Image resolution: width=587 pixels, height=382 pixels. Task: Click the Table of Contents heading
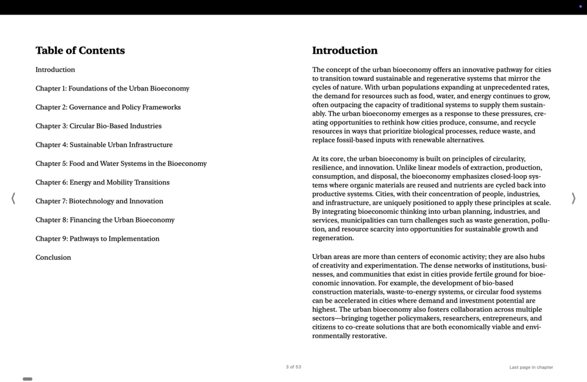coord(80,51)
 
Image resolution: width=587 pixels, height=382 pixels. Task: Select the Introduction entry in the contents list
coord(55,70)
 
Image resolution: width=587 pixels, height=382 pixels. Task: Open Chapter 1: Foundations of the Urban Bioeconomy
coord(112,89)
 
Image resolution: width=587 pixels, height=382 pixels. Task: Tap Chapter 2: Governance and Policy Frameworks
coord(108,107)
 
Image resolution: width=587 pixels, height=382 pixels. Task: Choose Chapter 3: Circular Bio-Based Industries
coord(98,126)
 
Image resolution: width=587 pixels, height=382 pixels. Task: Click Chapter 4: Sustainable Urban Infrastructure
coord(104,145)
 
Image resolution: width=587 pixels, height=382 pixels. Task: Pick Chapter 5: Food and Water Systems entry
coord(121,164)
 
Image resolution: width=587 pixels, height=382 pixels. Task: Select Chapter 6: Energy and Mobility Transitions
coord(102,182)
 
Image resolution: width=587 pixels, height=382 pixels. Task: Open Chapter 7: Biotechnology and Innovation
coord(99,201)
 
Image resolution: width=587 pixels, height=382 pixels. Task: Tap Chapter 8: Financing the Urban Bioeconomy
coord(105,220)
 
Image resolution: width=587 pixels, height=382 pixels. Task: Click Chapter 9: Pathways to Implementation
coord(98,238)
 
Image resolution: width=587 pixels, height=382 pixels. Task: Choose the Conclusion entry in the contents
coord(53,258)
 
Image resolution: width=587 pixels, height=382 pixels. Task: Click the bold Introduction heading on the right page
coord(345,51)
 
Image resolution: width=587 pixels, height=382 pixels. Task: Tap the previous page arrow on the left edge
coord(13,199)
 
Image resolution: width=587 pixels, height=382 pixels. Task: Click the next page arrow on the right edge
coord(573,199)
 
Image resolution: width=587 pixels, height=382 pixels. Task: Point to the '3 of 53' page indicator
coord(293,367)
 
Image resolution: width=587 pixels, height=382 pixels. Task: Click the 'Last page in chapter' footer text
coord(531,367)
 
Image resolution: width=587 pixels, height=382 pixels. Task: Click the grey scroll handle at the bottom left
coord(27,379)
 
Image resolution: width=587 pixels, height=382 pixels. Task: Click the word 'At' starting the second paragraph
coord(316,159)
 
